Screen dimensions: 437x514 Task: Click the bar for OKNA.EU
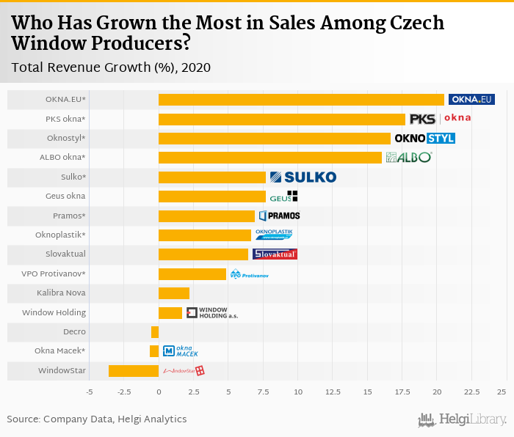click(x=301, y=100)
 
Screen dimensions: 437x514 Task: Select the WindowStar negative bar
click(x=134, y=371)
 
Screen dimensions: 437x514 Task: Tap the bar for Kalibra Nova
click(x=174, y=293)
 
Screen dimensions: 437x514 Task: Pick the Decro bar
click(x=155, y=332)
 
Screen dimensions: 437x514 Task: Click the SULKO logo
click(x=303, y=177)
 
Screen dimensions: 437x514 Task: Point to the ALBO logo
click(x=409, y=157)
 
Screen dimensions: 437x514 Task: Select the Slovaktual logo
click(x=275, y=254)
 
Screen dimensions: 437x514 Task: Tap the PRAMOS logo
click(x=279, y=216)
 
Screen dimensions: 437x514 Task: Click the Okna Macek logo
click(x=181, y=351)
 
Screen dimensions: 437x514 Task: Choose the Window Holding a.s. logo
click(x=212, y=313)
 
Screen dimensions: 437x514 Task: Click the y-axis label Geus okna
click(x=65, y=196)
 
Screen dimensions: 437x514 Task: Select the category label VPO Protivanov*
click(x=54, y=273)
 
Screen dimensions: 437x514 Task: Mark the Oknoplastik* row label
click(x=60, y=235)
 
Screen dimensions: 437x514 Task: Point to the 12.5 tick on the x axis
click(x=332, y=392)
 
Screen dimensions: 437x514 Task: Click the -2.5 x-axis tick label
click(x=123, y=392)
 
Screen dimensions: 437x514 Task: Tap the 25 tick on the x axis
click(x=501, y=392)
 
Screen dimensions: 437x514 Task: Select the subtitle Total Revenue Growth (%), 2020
click(x=111, y=67)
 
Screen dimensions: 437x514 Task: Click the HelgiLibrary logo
click(x=463, y=419)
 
